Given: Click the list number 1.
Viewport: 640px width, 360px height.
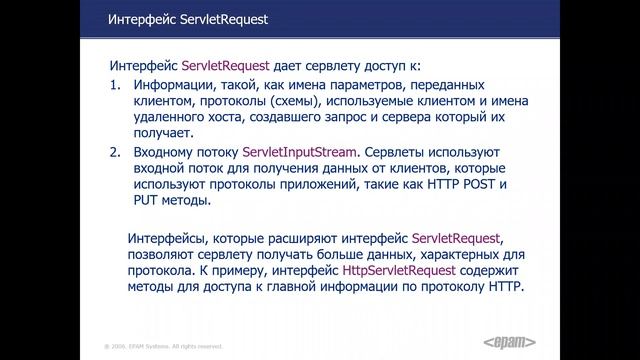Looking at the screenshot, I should coord(115,86).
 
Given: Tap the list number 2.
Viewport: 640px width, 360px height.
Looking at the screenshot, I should coord(115,152).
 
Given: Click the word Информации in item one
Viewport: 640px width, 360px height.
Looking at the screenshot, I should coord(174,86).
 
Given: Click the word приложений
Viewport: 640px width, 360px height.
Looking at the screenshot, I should coord(302,185).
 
